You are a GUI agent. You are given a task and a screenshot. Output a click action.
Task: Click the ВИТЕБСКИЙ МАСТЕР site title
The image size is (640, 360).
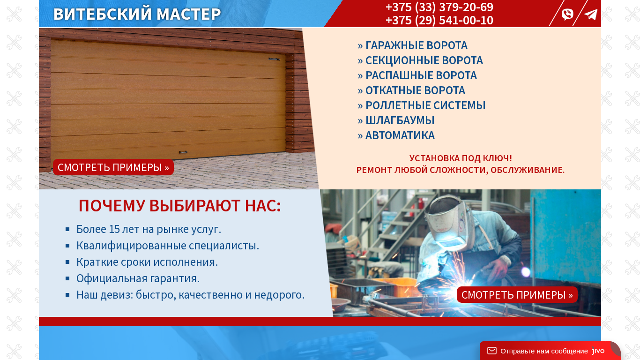[x=137, y=14]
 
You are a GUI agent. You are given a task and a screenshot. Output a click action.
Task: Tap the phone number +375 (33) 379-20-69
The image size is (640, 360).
[x=439, y=7]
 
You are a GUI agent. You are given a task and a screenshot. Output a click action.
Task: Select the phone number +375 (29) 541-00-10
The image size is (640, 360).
[x=439, y=20]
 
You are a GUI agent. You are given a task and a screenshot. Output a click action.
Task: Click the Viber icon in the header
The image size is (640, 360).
[x=567, y=14]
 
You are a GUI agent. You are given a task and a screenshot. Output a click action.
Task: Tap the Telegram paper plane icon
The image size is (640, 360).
[x=591, y=15]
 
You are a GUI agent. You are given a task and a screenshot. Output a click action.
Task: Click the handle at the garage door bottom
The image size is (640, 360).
[x=183, y=152]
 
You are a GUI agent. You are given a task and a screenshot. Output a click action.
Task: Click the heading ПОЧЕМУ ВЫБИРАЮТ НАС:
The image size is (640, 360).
[x=180, y=206]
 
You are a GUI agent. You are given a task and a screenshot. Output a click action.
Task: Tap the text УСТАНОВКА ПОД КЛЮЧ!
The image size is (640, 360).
[x=461, y=158]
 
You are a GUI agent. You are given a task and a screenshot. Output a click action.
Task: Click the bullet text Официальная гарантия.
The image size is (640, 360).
[x=138, y=278]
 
